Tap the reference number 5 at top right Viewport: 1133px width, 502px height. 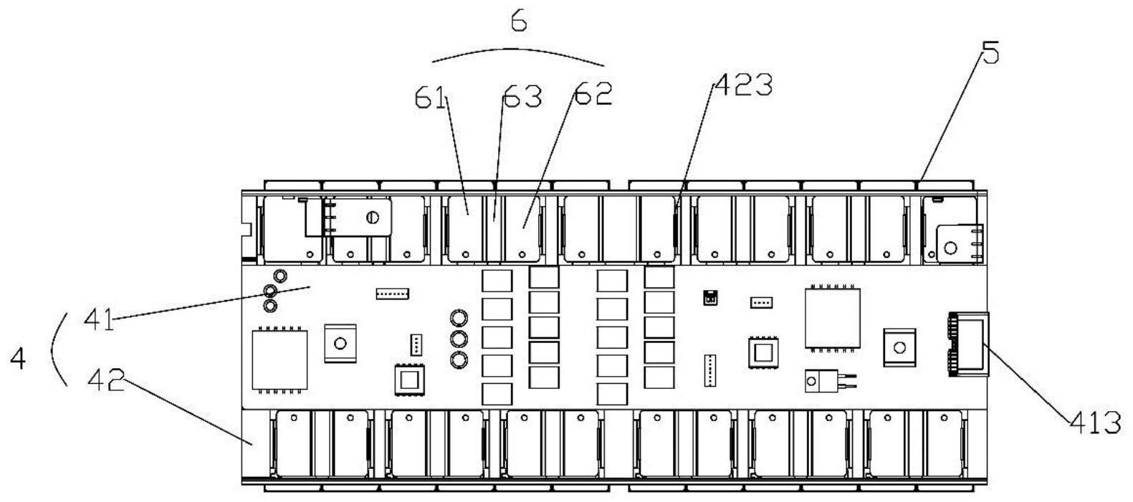990,53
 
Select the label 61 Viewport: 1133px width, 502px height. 431,99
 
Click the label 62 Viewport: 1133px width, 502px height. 593,94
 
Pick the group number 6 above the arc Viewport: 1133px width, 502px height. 519,22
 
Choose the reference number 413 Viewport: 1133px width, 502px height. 1094,423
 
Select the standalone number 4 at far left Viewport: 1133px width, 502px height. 18,359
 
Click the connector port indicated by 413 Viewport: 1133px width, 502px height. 968,344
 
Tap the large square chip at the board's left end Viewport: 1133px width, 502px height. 279,360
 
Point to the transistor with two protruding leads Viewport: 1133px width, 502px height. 822,380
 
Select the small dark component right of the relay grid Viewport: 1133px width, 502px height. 710,297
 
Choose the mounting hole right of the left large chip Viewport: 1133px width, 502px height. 340,343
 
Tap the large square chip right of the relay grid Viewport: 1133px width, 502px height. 832,317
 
